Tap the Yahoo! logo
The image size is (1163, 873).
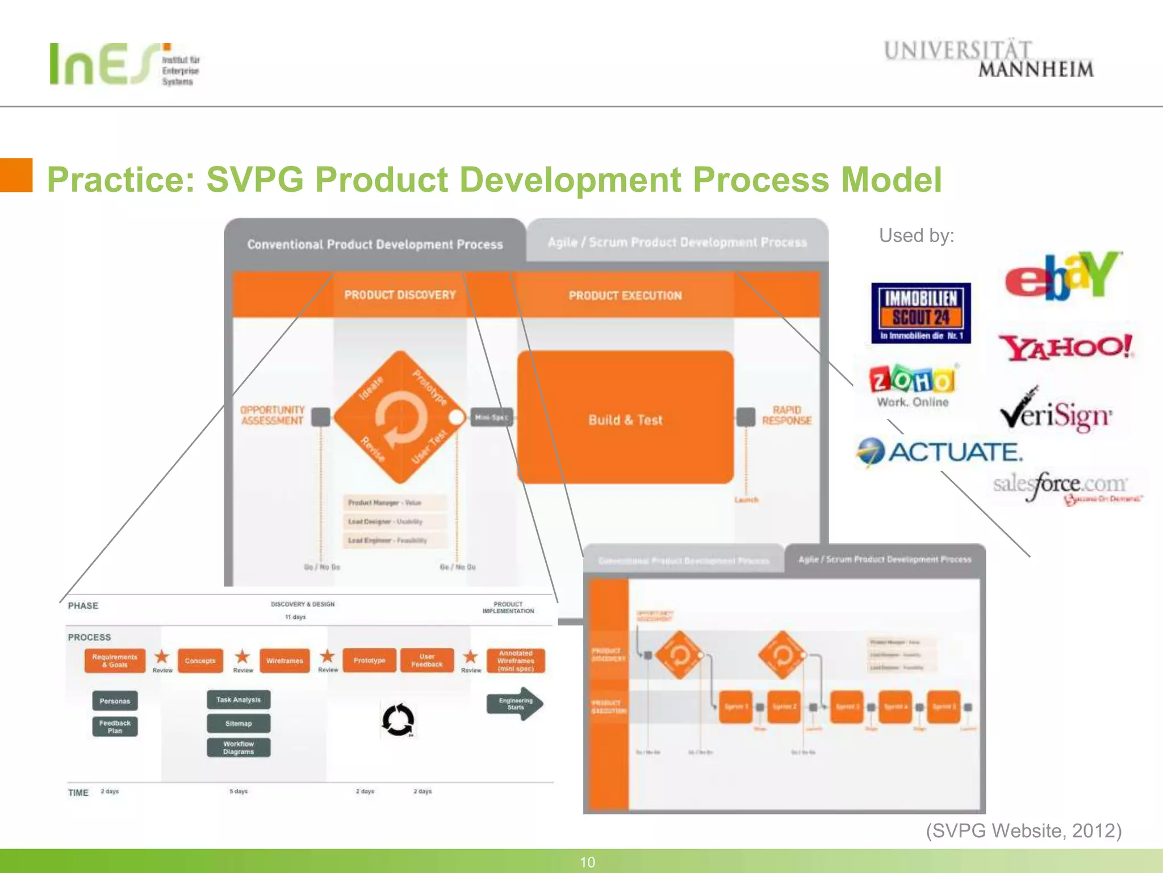coord(1066,348)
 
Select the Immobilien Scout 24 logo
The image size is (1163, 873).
coord(921,313)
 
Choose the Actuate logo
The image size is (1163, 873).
coord(940,452)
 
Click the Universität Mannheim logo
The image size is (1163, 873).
coord(988,59)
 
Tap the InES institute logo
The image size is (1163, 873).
coord(125,64)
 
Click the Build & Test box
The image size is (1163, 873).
coord(625,418)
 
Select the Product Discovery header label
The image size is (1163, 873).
coord(400,295)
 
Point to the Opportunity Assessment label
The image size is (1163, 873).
coord(272,415)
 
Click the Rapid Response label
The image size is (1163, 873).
coord(787,415)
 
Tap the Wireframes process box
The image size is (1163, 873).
coord(285,661)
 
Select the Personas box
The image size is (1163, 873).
coord(115,701)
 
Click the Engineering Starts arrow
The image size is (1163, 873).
coord(514,704)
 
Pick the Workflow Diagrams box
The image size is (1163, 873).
coord(239,748)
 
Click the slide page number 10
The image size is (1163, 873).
coord(587,862)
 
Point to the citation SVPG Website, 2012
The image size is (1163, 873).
coord(1023,831)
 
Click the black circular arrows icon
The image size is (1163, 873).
coord(398,720)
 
